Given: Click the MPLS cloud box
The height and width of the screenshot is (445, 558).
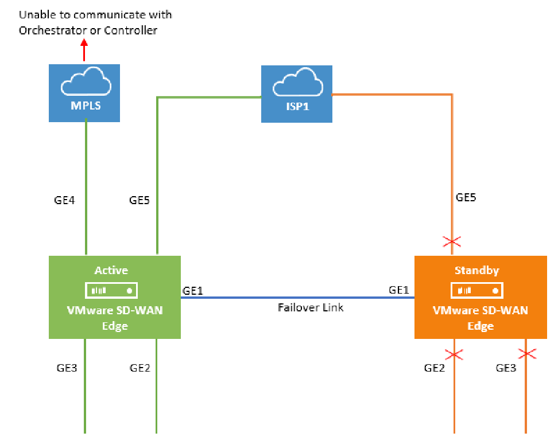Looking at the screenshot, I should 84,93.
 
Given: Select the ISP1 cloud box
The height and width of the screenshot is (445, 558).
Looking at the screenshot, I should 296,93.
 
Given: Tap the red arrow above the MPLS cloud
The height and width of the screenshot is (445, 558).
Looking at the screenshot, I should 84,50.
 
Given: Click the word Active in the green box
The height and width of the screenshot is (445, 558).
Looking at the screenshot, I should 111,270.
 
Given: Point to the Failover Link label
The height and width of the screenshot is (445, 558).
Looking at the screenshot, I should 311,307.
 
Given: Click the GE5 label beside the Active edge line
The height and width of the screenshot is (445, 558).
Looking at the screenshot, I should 140,200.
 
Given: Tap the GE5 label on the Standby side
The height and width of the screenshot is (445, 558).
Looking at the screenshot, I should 466,198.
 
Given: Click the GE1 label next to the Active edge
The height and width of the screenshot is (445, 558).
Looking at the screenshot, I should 193,291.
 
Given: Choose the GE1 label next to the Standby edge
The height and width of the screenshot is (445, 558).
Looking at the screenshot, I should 399,290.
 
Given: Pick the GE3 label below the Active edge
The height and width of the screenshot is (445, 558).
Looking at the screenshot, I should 67,368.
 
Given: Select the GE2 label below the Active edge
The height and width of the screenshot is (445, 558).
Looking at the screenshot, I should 140,368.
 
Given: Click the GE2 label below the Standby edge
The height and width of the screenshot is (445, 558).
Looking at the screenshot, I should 435,368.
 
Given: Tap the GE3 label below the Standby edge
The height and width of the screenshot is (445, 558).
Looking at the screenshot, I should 506,368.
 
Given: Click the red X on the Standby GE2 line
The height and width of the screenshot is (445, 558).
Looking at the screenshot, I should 454,354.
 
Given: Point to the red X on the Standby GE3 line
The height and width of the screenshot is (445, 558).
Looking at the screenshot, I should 526,354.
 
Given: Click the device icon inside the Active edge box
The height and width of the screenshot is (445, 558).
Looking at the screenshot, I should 113,290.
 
